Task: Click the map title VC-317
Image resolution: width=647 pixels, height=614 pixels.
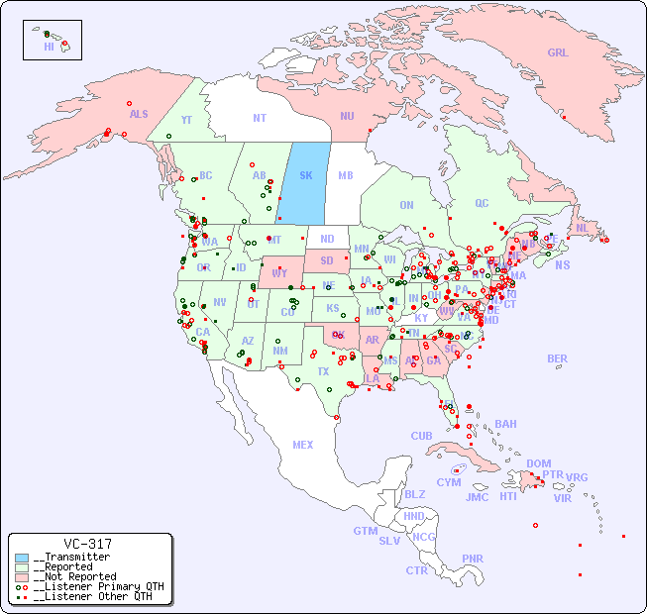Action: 87,544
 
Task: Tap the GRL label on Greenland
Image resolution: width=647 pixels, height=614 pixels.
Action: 558,53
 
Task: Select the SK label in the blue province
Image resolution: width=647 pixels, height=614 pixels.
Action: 305,175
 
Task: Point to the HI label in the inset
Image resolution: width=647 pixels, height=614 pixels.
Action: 49,46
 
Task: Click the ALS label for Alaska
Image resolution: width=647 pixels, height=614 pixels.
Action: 139,114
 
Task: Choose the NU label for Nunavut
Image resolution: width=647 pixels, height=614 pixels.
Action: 347,116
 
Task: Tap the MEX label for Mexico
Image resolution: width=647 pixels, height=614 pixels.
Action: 302,445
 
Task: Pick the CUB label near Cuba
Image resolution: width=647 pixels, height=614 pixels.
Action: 421,436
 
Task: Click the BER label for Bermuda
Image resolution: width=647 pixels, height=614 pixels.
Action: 557,358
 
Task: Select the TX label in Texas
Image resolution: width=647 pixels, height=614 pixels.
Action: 323,371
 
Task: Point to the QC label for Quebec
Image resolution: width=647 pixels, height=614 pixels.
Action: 482,203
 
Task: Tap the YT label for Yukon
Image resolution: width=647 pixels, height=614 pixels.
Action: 186,119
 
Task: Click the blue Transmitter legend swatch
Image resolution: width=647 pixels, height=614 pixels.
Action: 22,558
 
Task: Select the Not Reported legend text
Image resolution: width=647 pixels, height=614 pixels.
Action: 74,576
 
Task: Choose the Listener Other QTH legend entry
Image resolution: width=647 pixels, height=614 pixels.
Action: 93,596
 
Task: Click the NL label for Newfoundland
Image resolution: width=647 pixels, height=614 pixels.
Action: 582,227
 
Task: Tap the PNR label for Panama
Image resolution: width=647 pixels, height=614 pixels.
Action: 472,559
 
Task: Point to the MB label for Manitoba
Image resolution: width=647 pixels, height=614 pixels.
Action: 345,175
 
